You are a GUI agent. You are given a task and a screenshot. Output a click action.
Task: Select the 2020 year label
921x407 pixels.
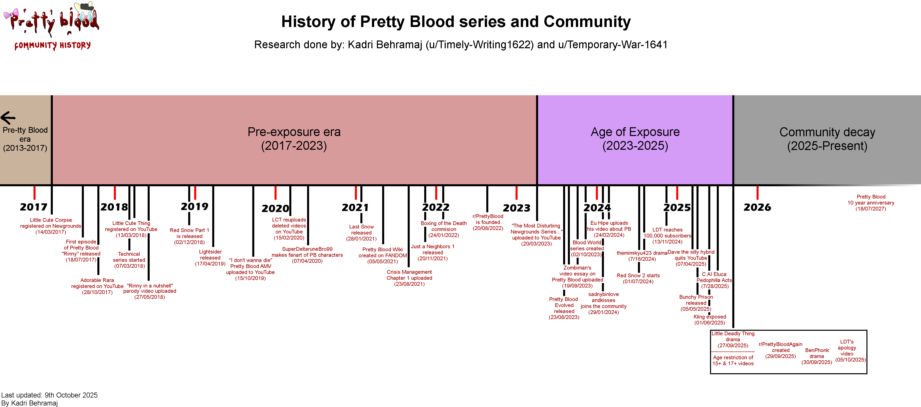tap(275, 208)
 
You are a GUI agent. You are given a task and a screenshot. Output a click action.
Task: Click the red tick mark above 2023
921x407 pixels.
tap(516, 193)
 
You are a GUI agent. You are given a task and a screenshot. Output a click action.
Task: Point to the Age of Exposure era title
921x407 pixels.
tap(635, 138)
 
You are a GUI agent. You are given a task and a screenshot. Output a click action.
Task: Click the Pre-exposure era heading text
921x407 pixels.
tap(294, 138)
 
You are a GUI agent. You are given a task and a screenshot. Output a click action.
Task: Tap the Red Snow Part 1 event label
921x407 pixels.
tap(189, 236)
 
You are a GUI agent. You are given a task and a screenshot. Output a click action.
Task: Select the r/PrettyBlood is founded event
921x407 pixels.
tap(488, 222)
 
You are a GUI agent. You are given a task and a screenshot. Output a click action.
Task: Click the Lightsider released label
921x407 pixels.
tap(210, 257)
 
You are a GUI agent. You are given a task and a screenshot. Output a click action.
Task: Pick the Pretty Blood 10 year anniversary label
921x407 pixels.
tap(871, 202)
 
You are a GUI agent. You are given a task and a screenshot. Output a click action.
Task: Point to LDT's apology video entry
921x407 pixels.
tap(850, 350)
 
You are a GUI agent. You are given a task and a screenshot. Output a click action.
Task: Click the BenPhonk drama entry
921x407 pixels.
tap(817, 356)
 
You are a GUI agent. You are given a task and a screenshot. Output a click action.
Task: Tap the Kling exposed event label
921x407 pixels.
tap(710, 319)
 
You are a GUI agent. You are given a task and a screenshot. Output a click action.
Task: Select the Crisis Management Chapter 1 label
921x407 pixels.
tap(409, 278)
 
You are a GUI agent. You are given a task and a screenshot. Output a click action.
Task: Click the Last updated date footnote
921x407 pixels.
tap(49, 395)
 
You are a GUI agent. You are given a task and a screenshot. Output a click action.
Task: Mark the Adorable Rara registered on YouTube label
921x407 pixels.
tap(97, 286)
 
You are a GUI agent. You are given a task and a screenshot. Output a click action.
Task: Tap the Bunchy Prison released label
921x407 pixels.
tap(696, 303)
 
